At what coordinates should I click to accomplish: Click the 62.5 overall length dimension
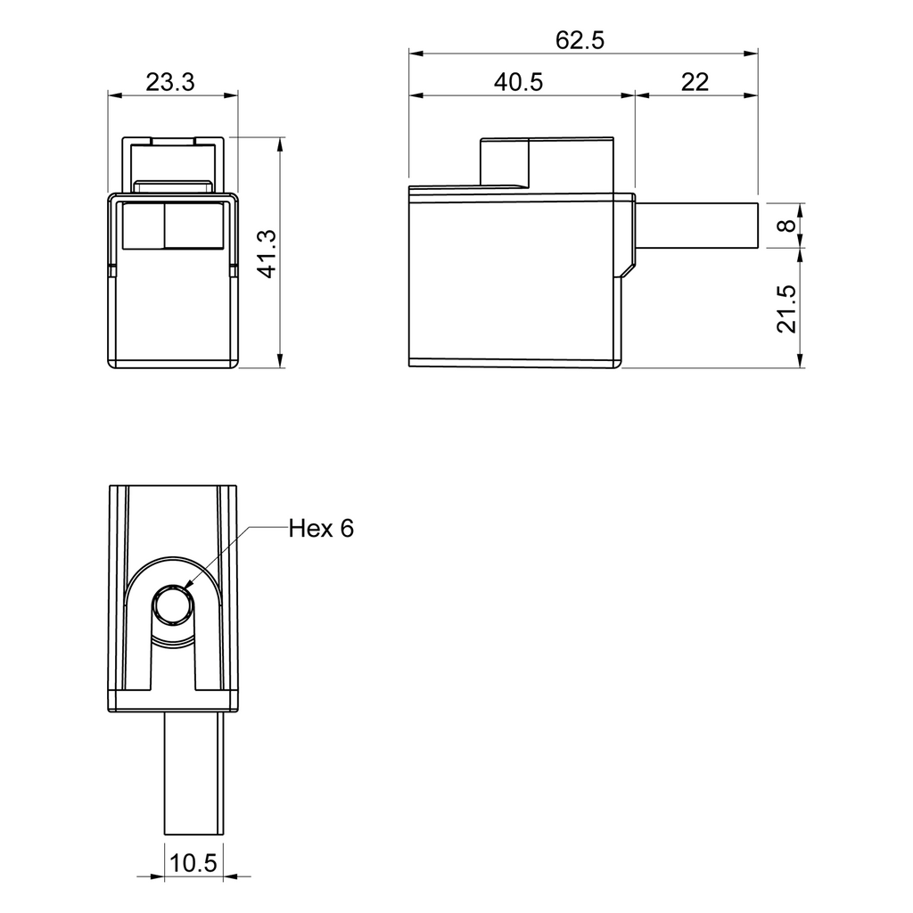[x=580, y=40]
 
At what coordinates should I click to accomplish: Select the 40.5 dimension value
[x=518, y=82]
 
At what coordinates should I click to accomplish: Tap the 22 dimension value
[x=695, y=82]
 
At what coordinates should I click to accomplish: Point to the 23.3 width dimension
[x=170, y=82]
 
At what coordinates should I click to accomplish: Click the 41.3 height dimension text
[x=268, y=254]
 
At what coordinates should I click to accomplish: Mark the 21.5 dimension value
[x=786, y=308]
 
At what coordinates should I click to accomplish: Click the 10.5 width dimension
[x=193, y=862]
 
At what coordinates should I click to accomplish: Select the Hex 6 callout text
[x=321, y=528]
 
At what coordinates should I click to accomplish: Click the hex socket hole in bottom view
[x=173, y=605]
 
